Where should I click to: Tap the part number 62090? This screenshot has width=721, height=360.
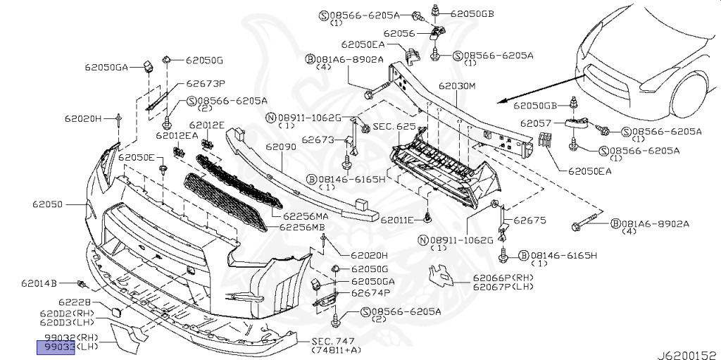280,148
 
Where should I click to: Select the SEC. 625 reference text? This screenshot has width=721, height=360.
394,126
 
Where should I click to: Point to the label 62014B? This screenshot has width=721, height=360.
38,284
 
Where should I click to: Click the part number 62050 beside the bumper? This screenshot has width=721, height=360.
47,205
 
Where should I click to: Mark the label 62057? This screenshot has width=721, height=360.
537,123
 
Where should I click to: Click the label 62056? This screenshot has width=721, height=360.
399,32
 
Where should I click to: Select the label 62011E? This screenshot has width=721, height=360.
397,220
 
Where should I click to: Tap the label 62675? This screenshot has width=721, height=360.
529,221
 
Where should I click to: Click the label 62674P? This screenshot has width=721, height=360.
370,292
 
